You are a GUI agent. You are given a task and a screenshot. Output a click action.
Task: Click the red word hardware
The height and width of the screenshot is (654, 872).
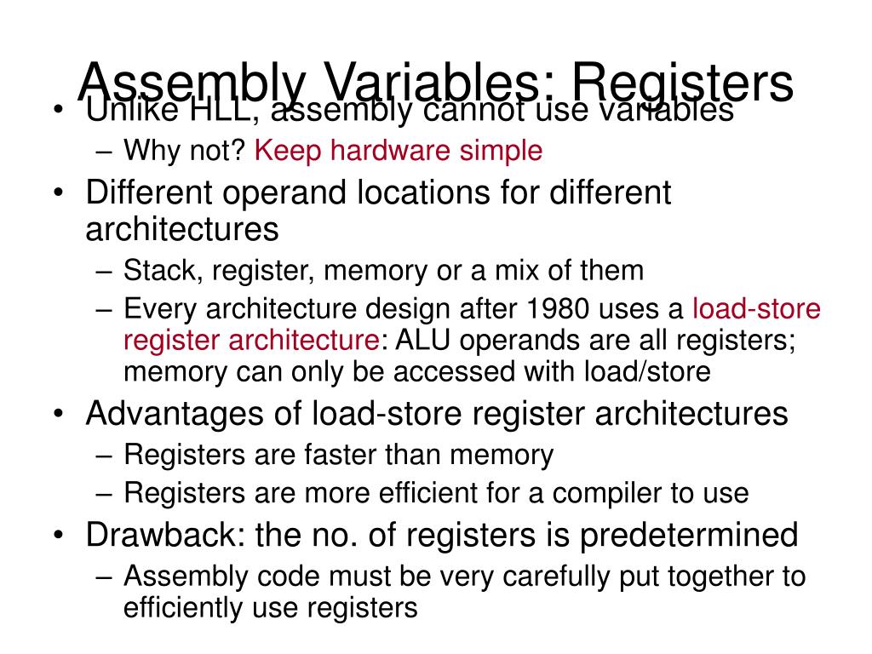(x=393, y=151)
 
